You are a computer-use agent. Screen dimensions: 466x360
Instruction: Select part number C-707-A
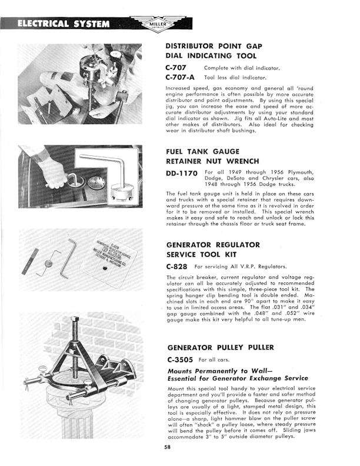(182, 77)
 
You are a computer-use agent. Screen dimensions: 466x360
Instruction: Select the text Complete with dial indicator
(242, 67)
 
